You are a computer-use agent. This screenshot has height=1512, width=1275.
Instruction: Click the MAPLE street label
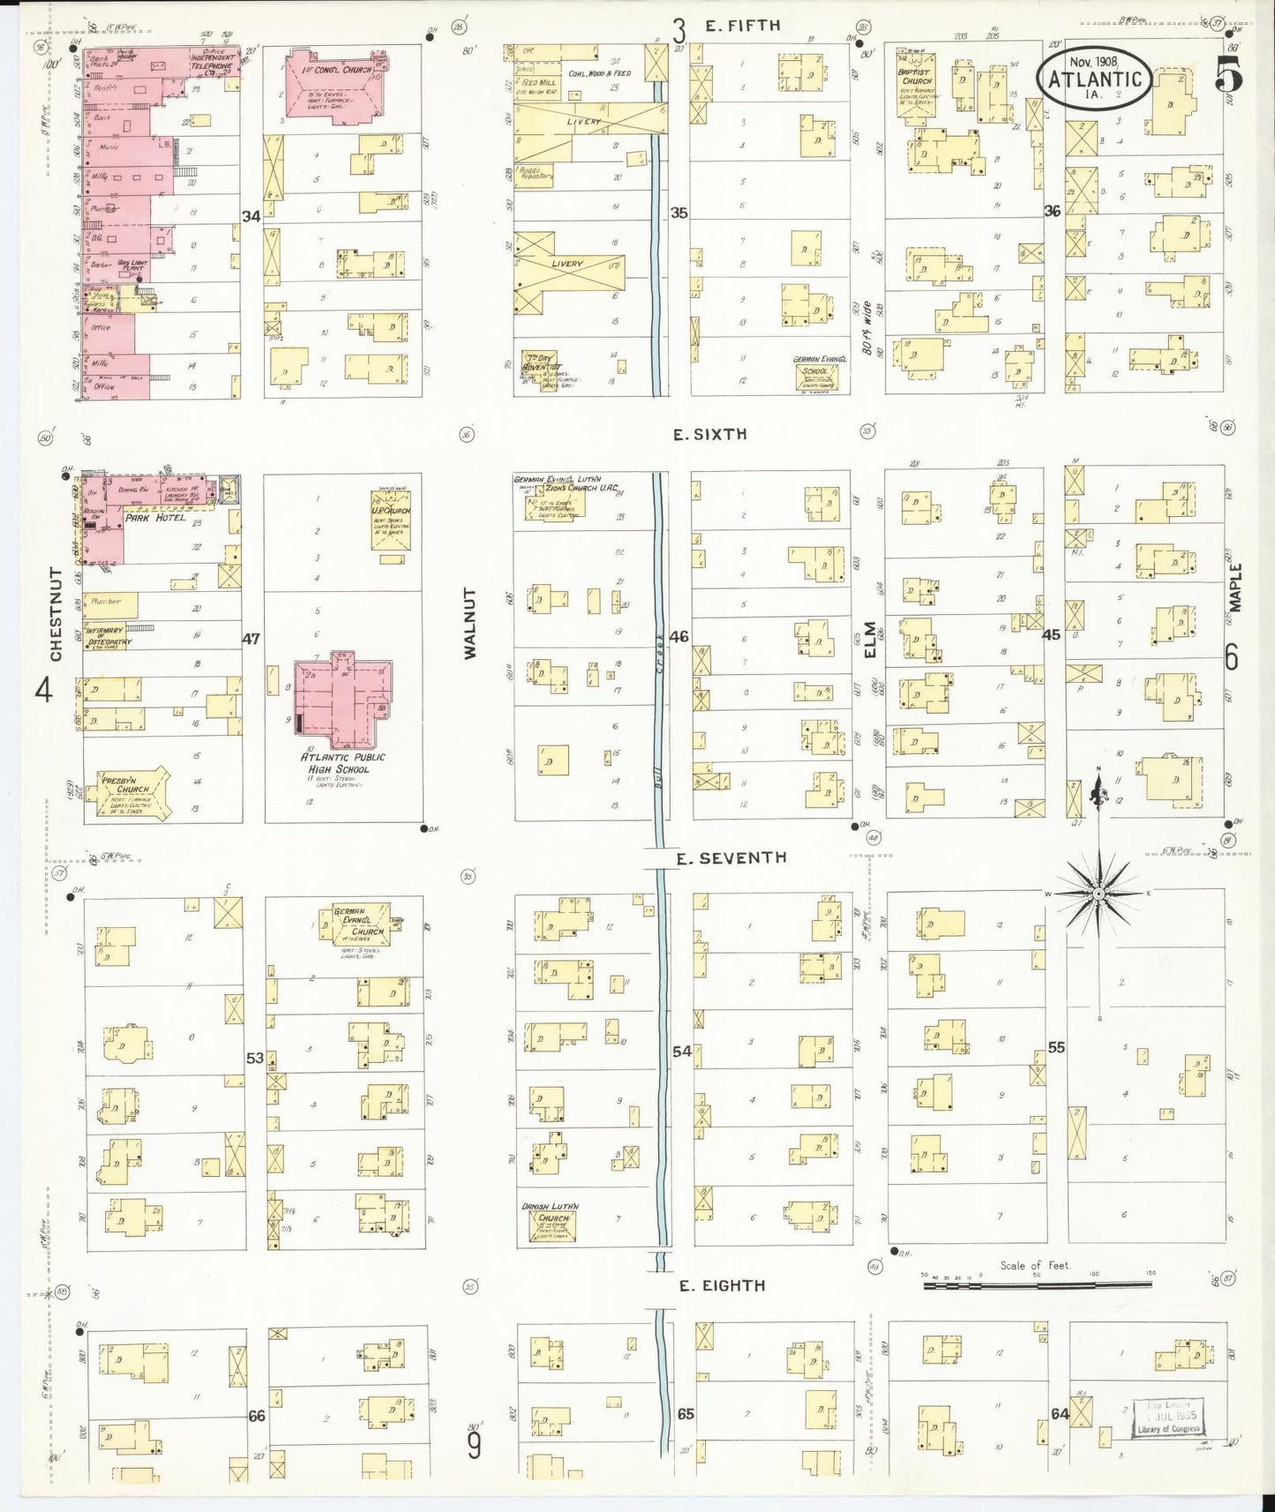click(1235, 588)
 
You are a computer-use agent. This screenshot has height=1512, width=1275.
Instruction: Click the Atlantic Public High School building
click(342, 697)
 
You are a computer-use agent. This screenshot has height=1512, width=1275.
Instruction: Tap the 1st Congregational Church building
click(334, 85)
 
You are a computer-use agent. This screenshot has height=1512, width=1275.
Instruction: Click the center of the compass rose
click(1099, 894)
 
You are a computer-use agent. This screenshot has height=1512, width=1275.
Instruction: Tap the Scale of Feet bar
click(1037, 1285)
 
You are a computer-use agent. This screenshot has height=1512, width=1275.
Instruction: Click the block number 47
click(251, 638)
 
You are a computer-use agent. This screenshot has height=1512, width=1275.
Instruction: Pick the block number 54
click(681, 1051)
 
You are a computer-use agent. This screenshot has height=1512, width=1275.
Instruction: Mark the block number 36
click(1052, 211)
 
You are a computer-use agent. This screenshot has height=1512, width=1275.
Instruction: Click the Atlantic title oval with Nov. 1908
click(1094, 78)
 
